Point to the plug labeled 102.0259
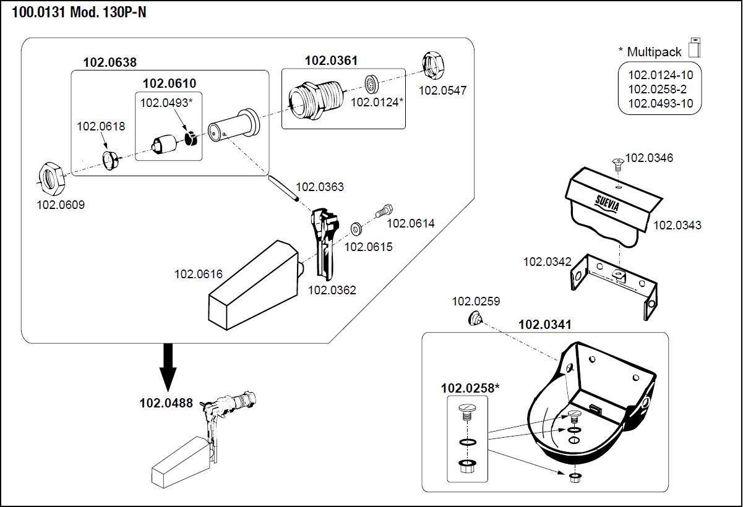coord(476,319)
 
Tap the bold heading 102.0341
coord(544,325)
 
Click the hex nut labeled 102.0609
coord(49,177)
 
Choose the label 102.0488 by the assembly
coord(166,403)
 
